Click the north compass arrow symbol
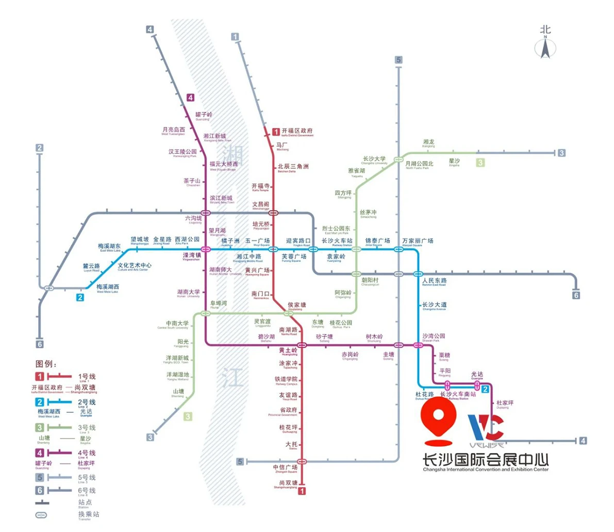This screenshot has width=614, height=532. pyautogui.click(x=545, y=48)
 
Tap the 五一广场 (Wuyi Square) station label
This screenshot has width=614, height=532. pyautogui.click(x=257, y=241)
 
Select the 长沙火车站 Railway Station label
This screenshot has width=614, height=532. pyautogui.click(x=337, y=241)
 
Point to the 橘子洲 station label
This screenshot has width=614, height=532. pyautogui.click(x=230, y=241)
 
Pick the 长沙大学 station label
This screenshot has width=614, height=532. pyautogui.click(x=374, y=159)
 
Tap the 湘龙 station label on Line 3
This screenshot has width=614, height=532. pyautogui.click(x=428, y=142)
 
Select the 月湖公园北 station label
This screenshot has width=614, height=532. pyautogui.click(x=419, y=164)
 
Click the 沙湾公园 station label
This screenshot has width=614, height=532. pyautogui.click(x=434, y=336)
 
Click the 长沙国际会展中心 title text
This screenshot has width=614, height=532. pyautogui.click(x=485, y=459)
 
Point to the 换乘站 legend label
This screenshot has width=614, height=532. pyautogui.click(x=89, y=514)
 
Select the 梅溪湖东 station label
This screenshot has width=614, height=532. pyautogui.click(x=109, y=247)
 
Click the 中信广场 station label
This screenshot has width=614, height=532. pyautogui.click(x=285, y=468)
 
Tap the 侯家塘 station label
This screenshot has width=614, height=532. pyautogui.click(x=297, y=305)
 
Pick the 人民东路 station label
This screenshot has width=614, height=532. pyautogui.click(x=434, y=281)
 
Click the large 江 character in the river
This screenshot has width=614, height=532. pyautogui.click(x=233, y=378)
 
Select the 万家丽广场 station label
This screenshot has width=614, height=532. pyautogui.click(x=418, y=241)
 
